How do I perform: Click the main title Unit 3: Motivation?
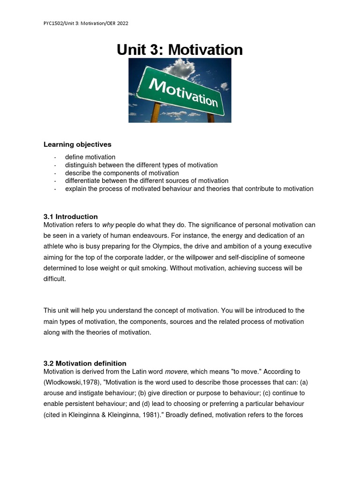[x=180, y=49]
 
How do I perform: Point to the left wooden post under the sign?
[x=155, y=113]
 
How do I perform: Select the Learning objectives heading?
[x=77, y=144]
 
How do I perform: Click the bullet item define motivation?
[x=90, y=157]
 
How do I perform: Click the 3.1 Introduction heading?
[x=70, y=217]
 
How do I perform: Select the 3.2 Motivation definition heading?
[x=85, y=363]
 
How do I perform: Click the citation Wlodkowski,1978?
[x=76, y=382]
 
